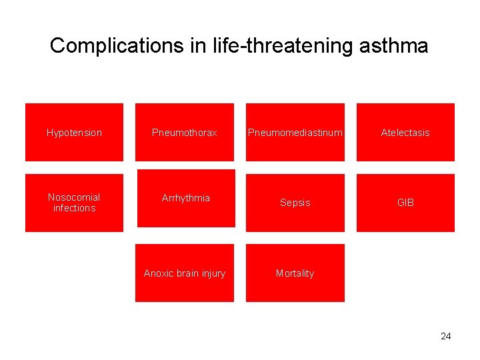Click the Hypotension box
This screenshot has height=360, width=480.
pos(74,133)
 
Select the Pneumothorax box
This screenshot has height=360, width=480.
pos(185,133)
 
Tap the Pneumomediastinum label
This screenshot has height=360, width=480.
pos(295,133)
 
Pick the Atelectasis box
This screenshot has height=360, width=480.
pos(405,133)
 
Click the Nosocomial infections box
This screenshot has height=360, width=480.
pos(74,203)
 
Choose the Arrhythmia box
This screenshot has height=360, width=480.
pos(185,198)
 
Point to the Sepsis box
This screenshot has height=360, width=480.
pos(295,203)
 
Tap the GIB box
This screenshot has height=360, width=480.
pos(405,203)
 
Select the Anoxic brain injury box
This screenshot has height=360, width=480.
pos(185,273)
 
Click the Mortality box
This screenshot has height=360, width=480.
pos(295,273)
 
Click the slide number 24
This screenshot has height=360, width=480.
pos(445,336)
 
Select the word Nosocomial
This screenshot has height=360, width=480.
pos(74,197)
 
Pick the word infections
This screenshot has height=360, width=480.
pos(74,208)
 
